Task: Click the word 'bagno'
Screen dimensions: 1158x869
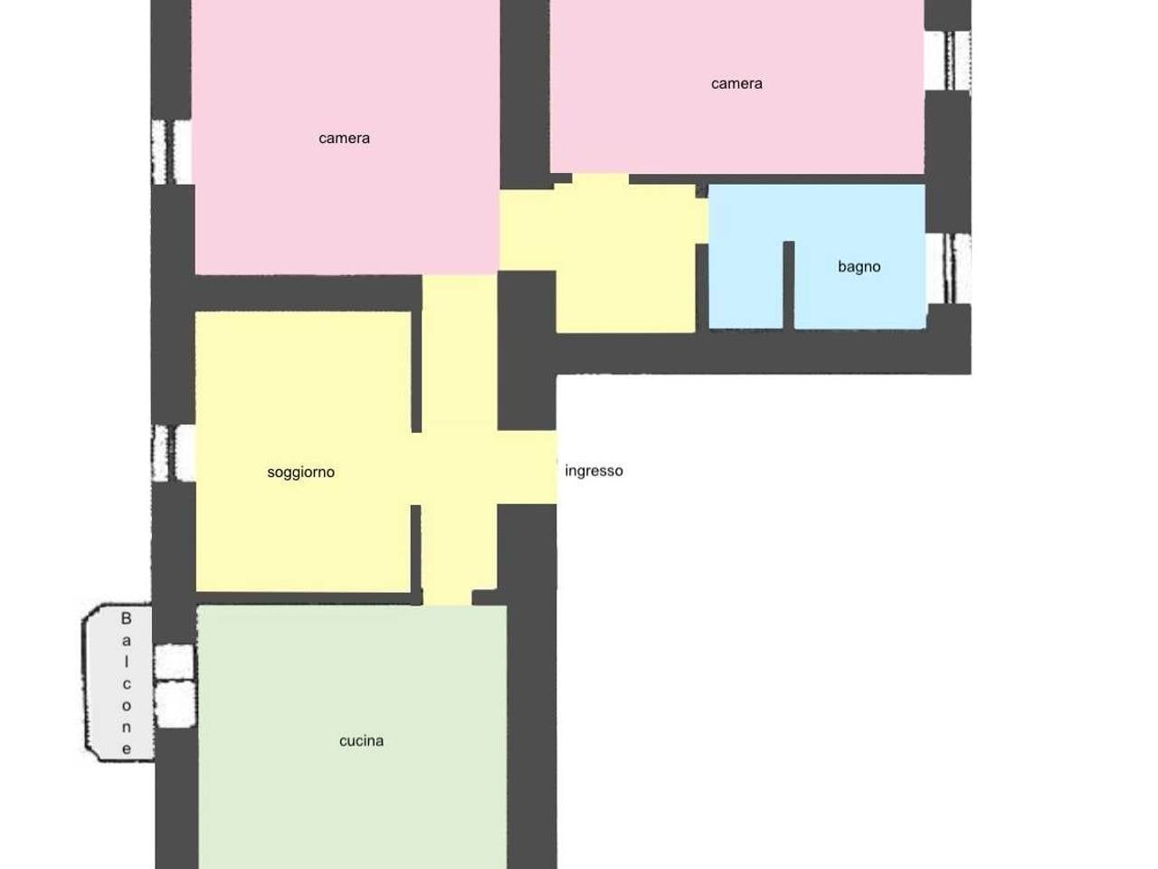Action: pos(859,267)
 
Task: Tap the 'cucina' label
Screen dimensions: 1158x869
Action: pos(361,740)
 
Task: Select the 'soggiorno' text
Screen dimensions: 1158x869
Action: pos(300,473)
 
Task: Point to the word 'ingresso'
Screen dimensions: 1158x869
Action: pos(594,471)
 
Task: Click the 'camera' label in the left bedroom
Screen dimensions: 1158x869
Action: pos(344,138)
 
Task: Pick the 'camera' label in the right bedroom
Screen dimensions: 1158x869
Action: pos(736,83)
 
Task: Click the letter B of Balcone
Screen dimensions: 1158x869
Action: pos(126,618)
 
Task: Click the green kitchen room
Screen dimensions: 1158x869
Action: pos(352,737)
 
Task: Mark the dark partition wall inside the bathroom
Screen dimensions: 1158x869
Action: pos(789,285)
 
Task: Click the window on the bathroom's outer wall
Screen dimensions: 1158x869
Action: pos(948,269)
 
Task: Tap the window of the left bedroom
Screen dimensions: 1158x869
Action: pos(172,152)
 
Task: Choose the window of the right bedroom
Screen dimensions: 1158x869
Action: pos(948,60)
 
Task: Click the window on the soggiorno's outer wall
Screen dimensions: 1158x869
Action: pos(174,454)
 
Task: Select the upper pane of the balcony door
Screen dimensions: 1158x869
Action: pos(175,661)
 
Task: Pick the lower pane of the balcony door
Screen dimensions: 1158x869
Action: pos(176,704)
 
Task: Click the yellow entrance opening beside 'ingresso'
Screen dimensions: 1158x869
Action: pos(527,467)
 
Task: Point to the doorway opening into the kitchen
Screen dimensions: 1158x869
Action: pos(448,597)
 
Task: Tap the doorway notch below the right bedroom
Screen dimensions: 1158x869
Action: pos(601,179)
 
